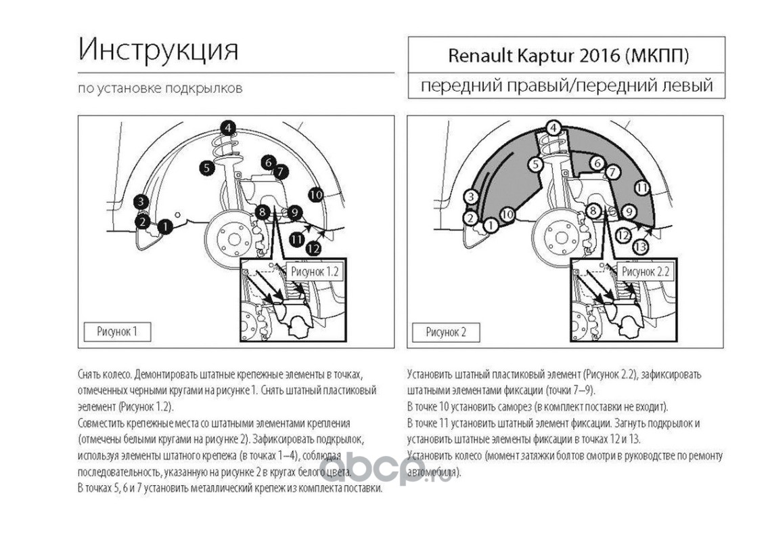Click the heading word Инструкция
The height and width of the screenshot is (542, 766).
tap(158, 50)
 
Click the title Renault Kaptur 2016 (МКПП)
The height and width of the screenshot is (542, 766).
tap(568, 56)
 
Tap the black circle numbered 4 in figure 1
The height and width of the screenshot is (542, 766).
tap(227, 128)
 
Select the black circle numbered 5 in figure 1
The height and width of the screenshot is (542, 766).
tap(207, 168)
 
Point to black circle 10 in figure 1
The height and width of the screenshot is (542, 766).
tap(316, 194)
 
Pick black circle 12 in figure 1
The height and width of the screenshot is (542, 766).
tap(313, 249)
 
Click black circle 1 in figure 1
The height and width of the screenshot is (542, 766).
tap(166, 226)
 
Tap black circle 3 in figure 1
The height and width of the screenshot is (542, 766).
tap(141, 201)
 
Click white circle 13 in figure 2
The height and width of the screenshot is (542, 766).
tap(640, 247)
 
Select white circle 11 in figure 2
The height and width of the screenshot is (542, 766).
tap(642, 188)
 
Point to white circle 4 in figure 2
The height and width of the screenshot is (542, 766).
tap(553, 129)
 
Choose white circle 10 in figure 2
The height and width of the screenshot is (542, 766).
tap(508, 214)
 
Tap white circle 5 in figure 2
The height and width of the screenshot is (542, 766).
tap(536, 165)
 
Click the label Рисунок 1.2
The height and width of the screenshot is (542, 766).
tap(315, 272)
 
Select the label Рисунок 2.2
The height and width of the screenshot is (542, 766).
tap(645, 272)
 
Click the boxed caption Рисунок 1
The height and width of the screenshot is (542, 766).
tap(117, 332)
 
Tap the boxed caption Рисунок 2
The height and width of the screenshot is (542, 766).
tap(446, 333)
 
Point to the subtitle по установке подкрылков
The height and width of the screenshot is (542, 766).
tap(160, 89)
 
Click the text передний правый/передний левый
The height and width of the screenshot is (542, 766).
tap(567, 86)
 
